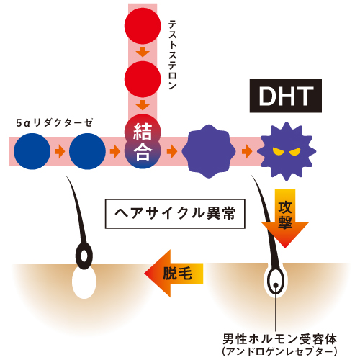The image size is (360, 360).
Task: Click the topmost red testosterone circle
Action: [143, 26]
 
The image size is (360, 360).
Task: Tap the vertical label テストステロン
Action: [172, 55]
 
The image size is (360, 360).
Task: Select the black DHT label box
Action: [286, 96]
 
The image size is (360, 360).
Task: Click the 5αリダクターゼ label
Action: [54, 122]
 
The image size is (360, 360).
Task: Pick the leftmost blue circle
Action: [32, 151]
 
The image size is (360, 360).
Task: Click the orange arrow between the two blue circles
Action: [60, 151]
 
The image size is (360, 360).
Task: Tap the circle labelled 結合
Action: [143, 141]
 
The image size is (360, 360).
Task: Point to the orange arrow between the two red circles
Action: [143, 52]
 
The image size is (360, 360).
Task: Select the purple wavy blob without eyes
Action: [209, 151]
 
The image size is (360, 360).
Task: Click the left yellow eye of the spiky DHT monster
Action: [278, 151]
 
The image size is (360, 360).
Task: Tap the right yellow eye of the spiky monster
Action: [294, 151]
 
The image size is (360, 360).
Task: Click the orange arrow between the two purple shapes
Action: [247, 151]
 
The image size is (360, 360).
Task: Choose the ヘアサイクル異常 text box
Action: [175, 213]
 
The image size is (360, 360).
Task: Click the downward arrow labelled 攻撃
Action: [285, 218]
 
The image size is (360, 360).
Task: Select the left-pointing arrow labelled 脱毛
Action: [174, 273]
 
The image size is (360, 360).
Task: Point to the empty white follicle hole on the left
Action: [84, 282]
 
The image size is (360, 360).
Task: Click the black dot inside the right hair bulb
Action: [276, 285]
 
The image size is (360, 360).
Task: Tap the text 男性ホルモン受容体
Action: [280, 339]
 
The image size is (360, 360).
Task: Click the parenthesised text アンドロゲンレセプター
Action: [280, 351]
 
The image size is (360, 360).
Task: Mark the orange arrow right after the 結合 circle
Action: [172, 151]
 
